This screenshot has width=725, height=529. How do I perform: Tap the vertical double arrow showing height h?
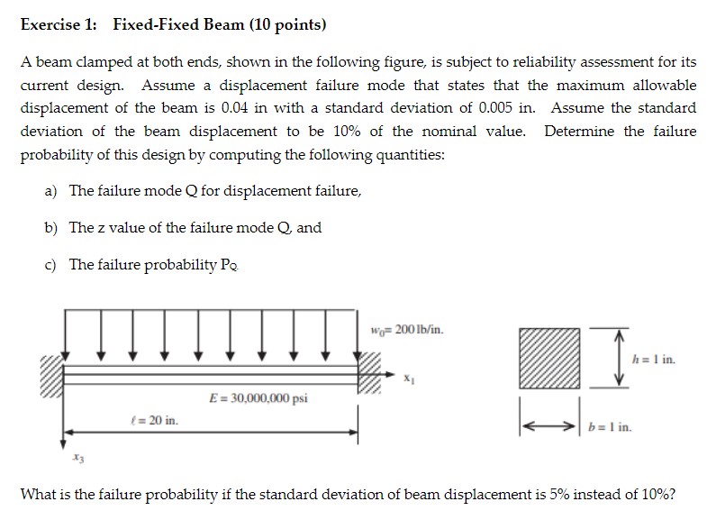(x=620, y=357)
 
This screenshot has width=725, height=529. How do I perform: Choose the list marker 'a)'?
(x=52, y=190)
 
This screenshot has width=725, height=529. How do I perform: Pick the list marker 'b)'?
(x=52, y=227)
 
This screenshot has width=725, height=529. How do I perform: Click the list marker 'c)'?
(x=52, y=264)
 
